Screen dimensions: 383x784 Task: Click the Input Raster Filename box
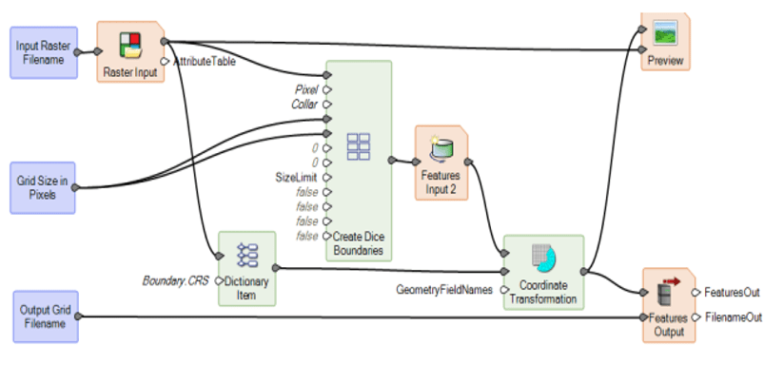[x=43, y=52]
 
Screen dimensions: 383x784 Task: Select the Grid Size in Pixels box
[x=43, y=186]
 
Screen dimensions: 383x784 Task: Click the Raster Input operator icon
[x=130, y=45]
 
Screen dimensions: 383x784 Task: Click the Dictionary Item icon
[x=246, y=255]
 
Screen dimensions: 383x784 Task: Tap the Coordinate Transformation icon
[x=543, y=259]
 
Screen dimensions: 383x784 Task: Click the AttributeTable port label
[x=204, y=61]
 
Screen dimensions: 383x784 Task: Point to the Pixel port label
[x=307, y=89]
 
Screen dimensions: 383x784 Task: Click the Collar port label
[x=304, y=105]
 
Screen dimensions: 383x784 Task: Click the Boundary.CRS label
[x=177, y=281]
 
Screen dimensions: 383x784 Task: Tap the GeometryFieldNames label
[x=444, y=290]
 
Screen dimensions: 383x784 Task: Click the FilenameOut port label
[x=734, y=317]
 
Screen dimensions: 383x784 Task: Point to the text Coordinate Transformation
[x=543, y=292]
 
